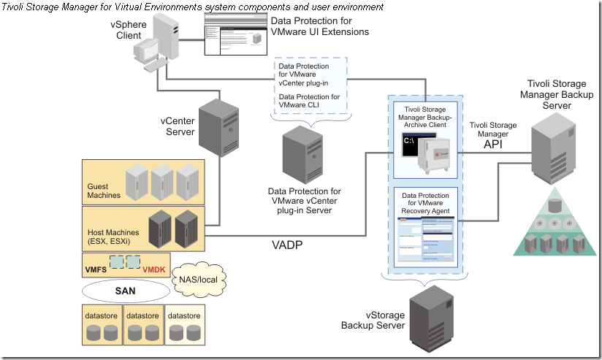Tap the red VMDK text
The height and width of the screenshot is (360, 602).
coord(155,269)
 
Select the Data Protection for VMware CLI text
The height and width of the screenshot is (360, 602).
coord(309,101)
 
